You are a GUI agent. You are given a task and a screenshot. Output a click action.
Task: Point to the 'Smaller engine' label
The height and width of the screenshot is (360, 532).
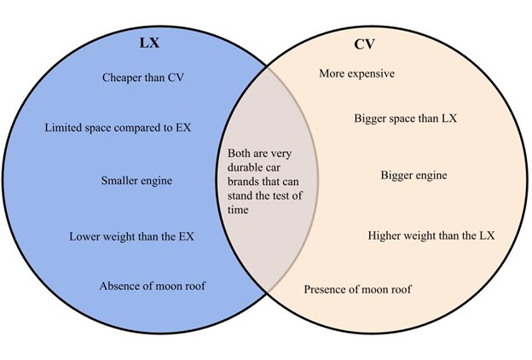[136, 181]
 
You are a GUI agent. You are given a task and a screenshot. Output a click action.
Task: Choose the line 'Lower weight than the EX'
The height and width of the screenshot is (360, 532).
[131, 235]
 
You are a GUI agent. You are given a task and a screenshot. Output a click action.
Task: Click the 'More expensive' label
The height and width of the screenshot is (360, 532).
[356, 74]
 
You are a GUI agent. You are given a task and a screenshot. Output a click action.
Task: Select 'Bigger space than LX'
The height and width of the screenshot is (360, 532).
[406, 119]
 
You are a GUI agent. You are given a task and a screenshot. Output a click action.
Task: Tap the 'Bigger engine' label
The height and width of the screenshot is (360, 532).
[413, 176]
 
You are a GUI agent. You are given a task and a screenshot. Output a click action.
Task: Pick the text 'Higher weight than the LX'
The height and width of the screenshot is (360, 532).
[431, 235]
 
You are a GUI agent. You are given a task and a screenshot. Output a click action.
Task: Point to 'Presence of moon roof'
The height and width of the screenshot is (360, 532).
[358, 290]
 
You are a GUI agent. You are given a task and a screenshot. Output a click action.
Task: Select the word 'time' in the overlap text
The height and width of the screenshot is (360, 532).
[240, 209]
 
